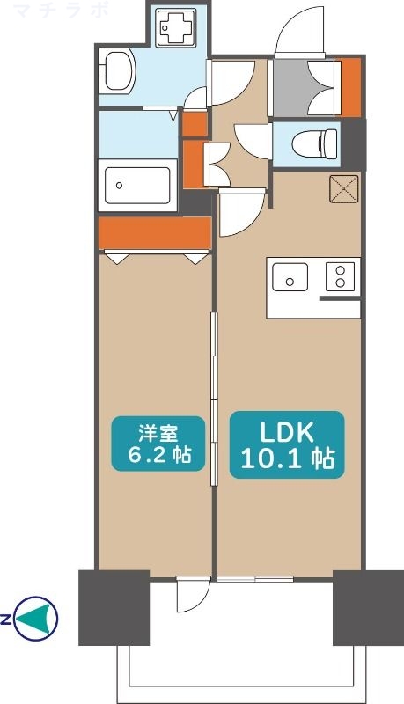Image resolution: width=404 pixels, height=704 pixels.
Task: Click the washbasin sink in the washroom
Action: [116, 70]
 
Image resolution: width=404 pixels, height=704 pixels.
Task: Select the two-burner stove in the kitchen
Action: [338, 277]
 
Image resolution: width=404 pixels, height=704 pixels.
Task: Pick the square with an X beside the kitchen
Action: [342, 189]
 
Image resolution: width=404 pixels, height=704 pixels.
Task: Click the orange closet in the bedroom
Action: [154, 233]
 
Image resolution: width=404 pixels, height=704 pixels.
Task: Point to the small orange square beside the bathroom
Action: [195, 125]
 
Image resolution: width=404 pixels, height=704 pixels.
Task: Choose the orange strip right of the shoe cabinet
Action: [350, 86]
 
